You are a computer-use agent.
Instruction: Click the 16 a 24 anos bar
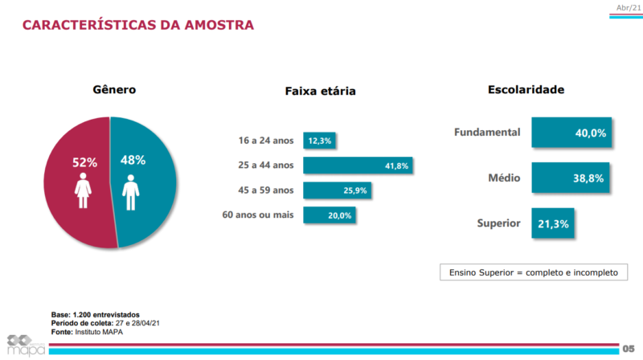[319, 141]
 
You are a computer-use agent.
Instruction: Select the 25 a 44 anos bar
[358, 166]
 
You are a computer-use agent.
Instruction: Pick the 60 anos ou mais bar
[329, 215]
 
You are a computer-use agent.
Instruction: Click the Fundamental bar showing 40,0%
[571, 133]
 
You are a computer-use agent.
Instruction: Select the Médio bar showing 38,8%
[570, 178]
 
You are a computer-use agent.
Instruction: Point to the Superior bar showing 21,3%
[553, 223]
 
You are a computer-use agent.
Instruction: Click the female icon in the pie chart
[81, 192]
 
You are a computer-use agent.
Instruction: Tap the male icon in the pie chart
[131, 193]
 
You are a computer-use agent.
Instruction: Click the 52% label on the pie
[85, 162]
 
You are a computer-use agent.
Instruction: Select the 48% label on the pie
[133, 160]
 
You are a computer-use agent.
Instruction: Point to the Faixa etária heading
[320, 91]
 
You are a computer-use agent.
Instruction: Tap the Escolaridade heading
[526, 89]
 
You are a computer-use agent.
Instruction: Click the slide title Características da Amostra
[138, 25]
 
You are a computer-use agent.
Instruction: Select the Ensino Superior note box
[532, 272]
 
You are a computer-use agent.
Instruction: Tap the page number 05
[629, 348]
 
